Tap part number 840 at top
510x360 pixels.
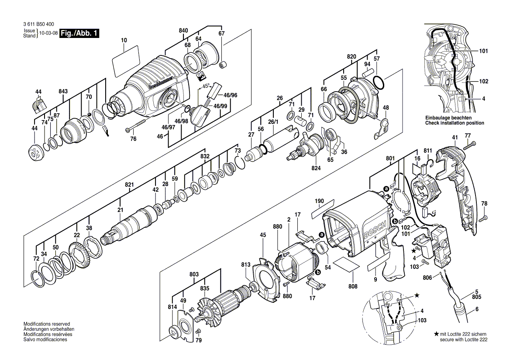point(183,31)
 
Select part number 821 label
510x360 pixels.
point(129,185)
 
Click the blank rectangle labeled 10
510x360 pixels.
point(125,62)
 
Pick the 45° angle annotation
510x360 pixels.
point(206,85)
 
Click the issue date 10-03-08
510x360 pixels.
point(48,33)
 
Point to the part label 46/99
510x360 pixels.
point(220,106)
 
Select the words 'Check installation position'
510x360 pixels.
point(455,123)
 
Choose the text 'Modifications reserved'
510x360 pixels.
point(46,324)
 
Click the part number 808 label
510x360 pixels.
point(353,286)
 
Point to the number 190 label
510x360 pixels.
point(320,202)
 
